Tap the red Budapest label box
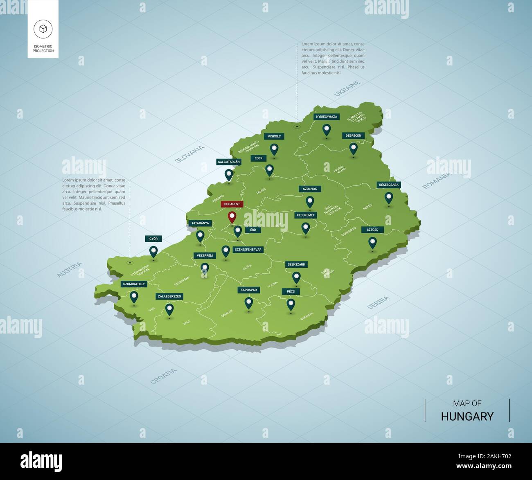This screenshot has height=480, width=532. pyautogui.click(x=232, y=204)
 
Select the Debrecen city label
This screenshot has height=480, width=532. pyautogui.click(x=353, y=135)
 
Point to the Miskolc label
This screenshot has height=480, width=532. pyautogui.click(x=274, y=136)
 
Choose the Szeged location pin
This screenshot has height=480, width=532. pyautogui.click(x=372, y=242)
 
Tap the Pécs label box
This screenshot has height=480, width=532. pyautogui.click(x=291, y=291)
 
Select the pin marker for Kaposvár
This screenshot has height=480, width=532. pyautogui.click(x=249, y=303)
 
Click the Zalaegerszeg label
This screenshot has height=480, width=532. pyautogui.click(x=169, y=296)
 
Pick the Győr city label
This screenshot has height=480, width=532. pyautogui.click(x=153, y=239)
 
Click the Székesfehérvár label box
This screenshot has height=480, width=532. pyautogui.click(x=248, y=249)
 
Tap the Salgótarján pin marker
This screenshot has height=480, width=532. pyautogui.click(x=229, y=174)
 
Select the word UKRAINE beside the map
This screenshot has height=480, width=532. pyautogui.click(x=347, y=88)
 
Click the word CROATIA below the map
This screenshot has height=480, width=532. pyautogui.click(x=163, y=376)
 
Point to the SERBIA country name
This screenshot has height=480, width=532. pyautogui.click(x=378, y=302)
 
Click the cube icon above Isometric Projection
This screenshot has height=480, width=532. pyautogui.click(x=43, y=29)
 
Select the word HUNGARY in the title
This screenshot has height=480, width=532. pyautogui.click(x=467, y=416)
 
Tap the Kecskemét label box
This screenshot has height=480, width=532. pyautogui.click(x=305, y=215)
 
